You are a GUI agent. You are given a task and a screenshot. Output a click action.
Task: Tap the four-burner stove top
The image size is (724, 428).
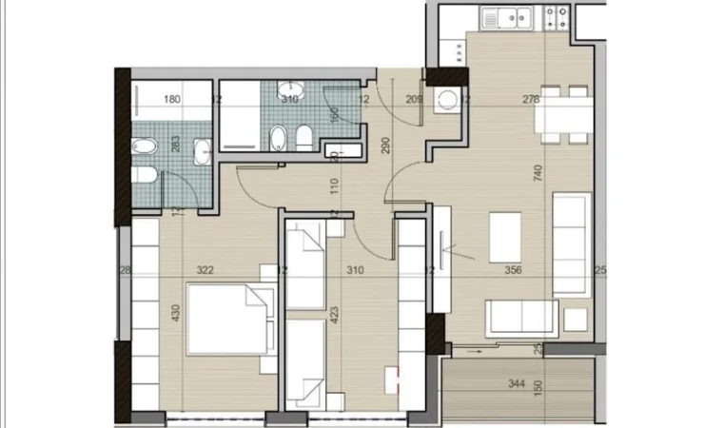point(556,16)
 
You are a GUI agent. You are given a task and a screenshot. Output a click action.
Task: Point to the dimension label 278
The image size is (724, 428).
point(531,98)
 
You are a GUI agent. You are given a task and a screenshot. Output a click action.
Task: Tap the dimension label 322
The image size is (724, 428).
point(205,270)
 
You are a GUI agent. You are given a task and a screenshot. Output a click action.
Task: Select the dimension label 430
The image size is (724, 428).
point(173,314)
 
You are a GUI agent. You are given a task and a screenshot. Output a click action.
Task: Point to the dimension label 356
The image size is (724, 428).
point(513,270)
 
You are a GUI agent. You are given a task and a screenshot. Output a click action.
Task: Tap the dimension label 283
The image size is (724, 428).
point(174,145)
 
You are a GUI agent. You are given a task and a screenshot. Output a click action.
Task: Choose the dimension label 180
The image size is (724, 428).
point(172,98)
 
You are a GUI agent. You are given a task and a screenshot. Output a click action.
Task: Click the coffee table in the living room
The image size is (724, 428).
point(504,236)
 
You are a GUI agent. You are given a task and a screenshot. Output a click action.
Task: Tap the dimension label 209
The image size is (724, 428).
point(414,98)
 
